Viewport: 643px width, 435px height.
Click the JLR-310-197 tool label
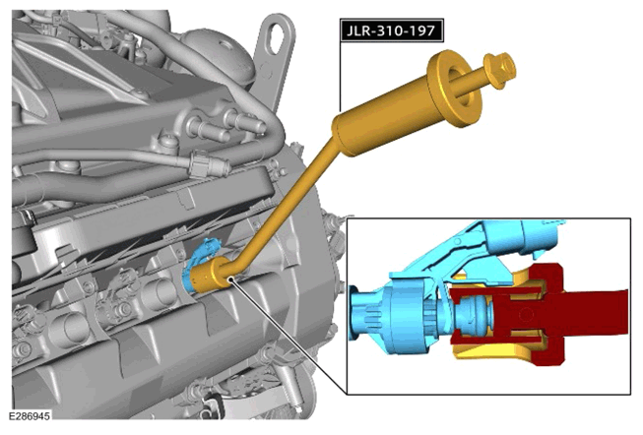[x=392, y=31]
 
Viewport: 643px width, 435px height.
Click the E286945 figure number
[x=30, y=416]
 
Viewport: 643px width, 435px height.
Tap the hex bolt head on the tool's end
[x=499, y=71]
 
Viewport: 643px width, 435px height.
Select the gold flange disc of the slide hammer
[x=455, y=89]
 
